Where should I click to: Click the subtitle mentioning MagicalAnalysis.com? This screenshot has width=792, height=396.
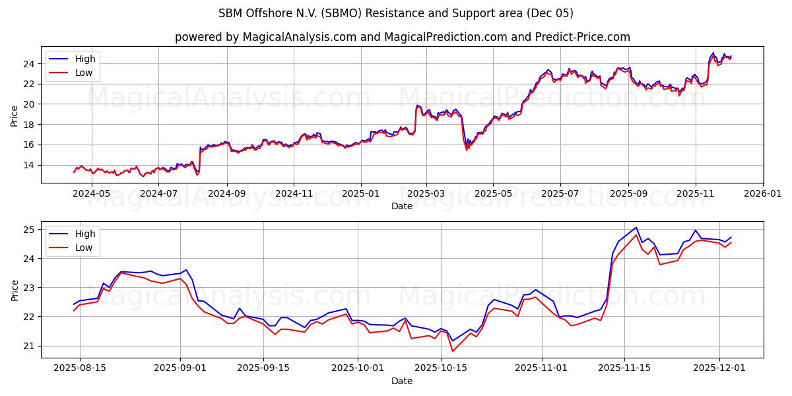coord(402,37)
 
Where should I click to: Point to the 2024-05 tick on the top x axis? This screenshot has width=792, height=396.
coord(91,194)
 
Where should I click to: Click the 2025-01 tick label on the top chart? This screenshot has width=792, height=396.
coord(361,194)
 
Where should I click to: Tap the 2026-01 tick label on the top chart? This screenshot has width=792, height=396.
coord(763,194)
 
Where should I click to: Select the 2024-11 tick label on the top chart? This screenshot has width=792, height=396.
coord(294,194)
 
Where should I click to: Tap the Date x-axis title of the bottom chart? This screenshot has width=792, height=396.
coord(402,381)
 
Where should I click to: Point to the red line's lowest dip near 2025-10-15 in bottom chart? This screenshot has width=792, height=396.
coord(453,351)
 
